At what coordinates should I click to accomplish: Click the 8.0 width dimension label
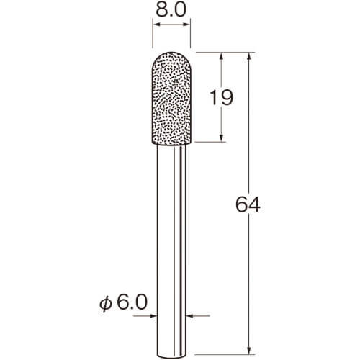tap(171, 10)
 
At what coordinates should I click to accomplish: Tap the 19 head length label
tap(221, 98)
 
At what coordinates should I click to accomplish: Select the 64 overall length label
tap(248, 204)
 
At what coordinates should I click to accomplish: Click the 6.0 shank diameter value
tap(132, 302)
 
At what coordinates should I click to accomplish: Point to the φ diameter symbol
tap(106, 304)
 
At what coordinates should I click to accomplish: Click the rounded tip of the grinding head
tap(171, 52)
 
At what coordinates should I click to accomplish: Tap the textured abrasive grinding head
tap(171, 98)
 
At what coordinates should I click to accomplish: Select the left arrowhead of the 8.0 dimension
tap(156, 24)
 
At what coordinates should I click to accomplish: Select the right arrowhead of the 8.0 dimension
tap(187, 24)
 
